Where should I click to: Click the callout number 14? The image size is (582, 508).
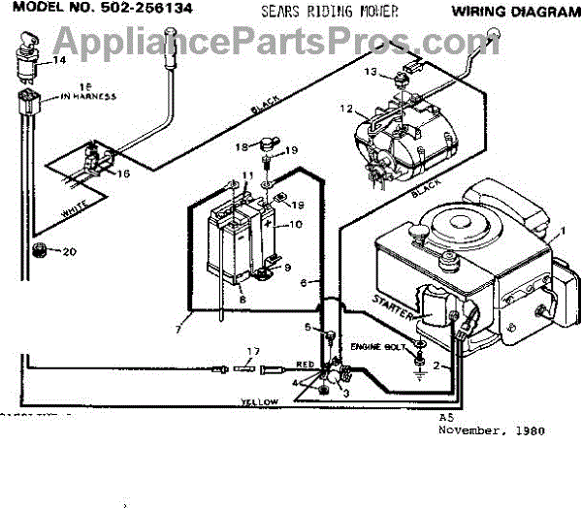[59, 60]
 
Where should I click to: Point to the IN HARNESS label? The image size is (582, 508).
[88, 94]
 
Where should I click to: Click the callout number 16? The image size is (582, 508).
[122, 174]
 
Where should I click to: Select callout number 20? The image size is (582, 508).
[67, 253]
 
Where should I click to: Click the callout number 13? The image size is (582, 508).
[370, 72]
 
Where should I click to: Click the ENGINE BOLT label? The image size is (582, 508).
[375, 345]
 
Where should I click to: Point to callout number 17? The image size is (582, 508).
[253, 350]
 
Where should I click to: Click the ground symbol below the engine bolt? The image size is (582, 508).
[419, 367]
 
